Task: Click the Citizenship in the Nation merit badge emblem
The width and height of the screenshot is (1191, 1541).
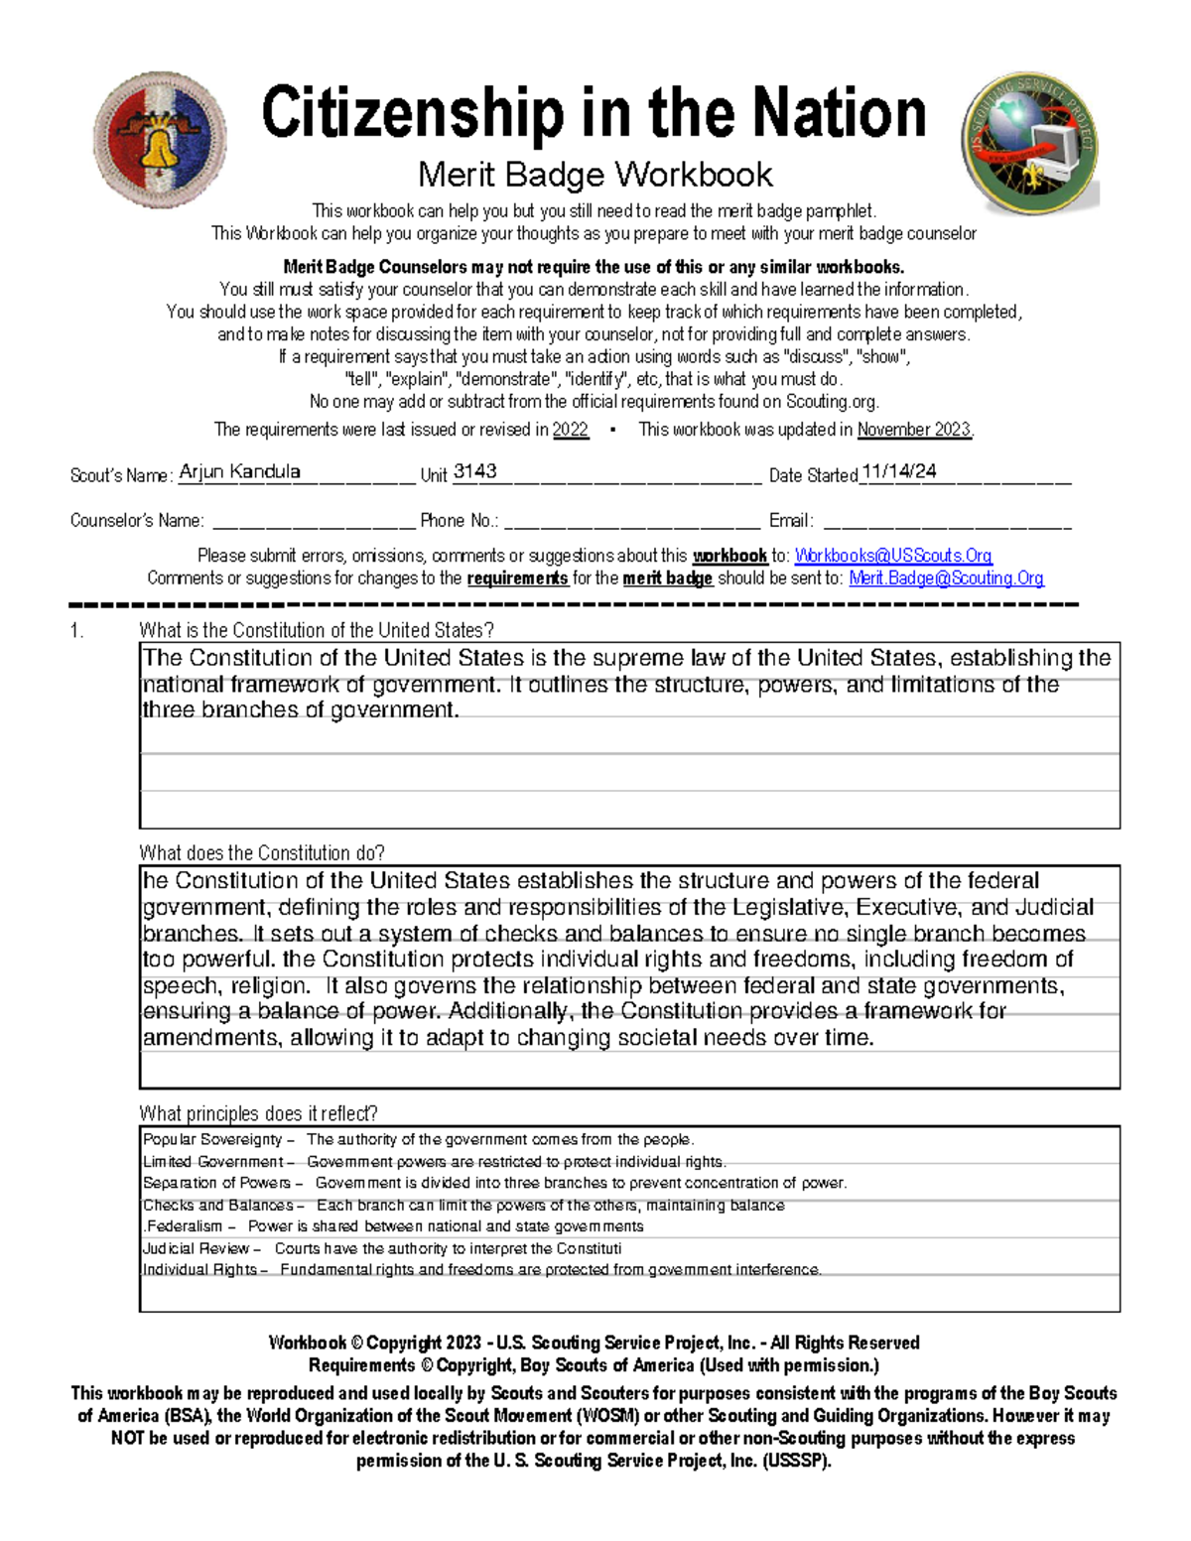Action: [160, 140]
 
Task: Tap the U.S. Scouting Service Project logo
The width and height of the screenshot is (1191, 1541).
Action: [1029, 142]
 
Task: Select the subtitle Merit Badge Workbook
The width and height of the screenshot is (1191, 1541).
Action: [595, 175]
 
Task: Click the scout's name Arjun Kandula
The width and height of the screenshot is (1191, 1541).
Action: [239, 471]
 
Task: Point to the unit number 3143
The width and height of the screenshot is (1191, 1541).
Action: [474, 471]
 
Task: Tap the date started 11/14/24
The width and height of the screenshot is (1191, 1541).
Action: [899, 471]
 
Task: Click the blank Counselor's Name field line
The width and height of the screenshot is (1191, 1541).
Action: [314, 524]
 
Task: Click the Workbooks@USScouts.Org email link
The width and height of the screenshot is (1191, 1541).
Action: [893, 556]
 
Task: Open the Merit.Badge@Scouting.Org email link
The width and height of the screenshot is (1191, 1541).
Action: [946, 578]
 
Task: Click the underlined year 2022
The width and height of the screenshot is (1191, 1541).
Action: [570, 430]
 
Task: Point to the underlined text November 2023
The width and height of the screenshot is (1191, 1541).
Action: [914, 430]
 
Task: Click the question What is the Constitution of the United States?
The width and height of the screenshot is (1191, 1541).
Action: [317, 630]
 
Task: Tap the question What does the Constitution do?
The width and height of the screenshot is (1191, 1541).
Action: [262, 853]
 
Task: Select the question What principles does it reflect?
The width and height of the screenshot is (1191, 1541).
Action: [258, 1113]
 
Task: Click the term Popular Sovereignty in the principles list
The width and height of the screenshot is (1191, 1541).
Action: [212, 1140]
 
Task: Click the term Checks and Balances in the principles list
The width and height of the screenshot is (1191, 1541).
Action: [218, 1206]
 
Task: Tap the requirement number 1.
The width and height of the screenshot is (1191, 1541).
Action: [75, 630]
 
